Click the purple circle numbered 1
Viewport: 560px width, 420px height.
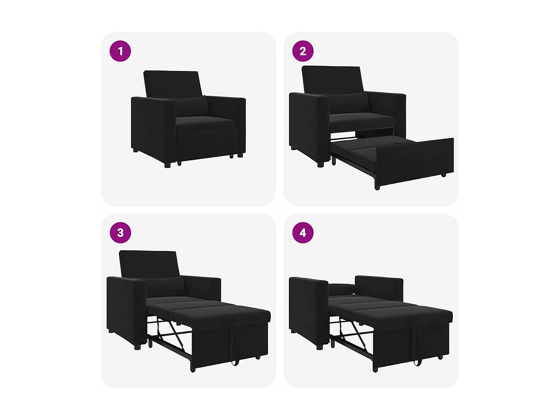120,51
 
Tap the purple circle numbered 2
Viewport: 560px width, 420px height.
303,51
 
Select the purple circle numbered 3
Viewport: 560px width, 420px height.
120,233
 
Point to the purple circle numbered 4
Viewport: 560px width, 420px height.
303,233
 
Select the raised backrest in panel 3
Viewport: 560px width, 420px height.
149,264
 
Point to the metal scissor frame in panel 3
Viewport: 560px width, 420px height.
170,332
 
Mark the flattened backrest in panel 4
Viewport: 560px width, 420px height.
342,288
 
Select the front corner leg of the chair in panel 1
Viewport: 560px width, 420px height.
167,164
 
